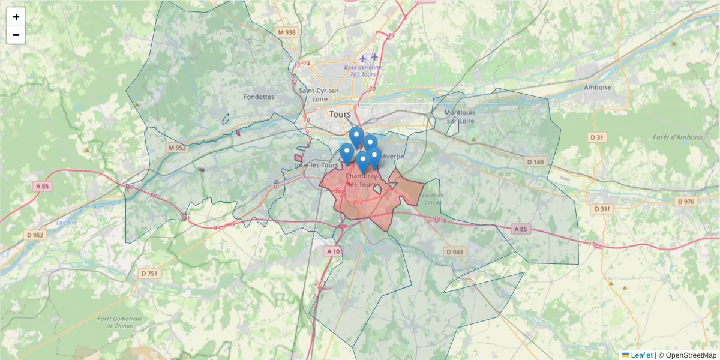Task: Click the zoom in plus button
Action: pos(16,17)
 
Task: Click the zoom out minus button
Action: pos(16,35)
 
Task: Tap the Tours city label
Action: pos(340,114)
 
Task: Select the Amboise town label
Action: pos(597,87)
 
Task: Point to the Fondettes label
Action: pos(259,97)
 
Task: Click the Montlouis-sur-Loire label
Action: pos(460,116)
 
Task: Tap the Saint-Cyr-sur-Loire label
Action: pos(320,94)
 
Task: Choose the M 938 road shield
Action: pos(287,32)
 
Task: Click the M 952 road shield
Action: pos(178,148)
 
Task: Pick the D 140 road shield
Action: pos(535,162)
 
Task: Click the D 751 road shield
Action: pos(149,274)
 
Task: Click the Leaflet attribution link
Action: pos(641,355)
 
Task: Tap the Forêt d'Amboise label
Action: pos(677,137)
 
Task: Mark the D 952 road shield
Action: pos(35,235)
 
